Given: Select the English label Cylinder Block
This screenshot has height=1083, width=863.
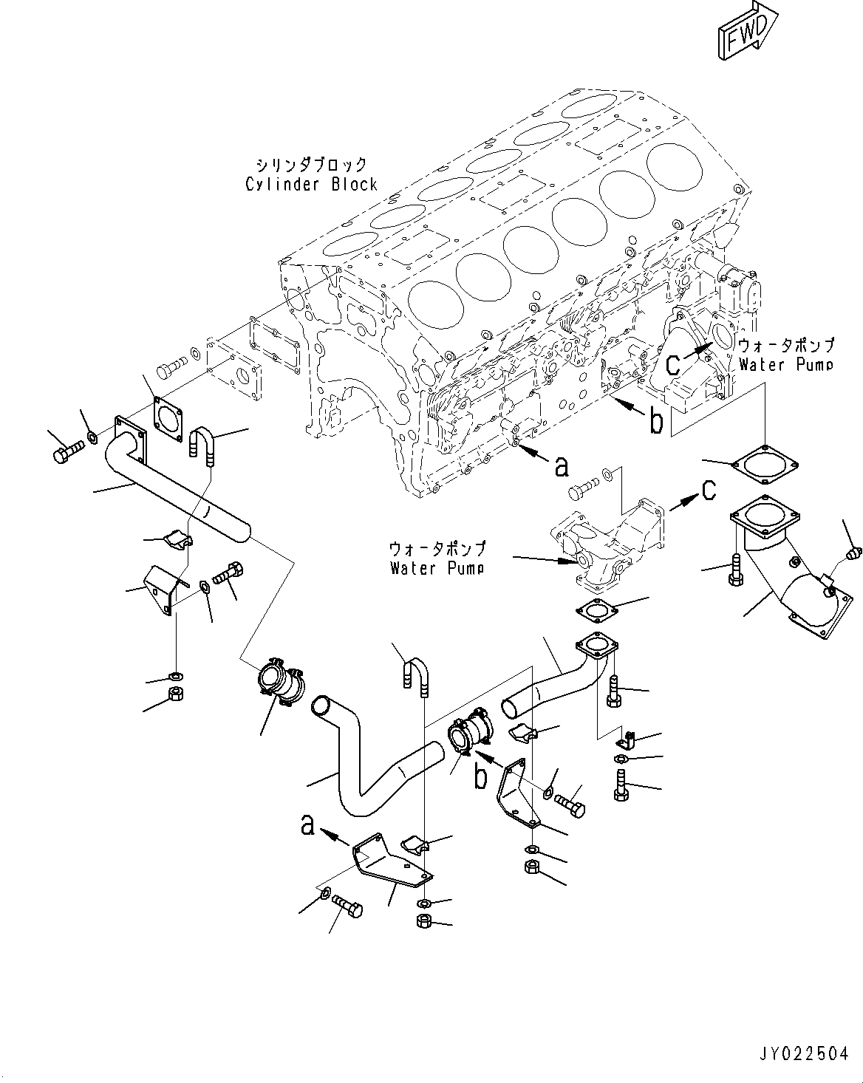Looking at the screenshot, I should (x=311, y=185).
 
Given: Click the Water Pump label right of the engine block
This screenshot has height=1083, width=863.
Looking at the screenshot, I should (x=785, y=364).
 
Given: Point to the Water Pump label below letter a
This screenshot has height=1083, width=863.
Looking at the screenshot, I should (x=437, y=567).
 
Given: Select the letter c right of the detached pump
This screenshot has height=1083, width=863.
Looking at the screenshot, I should (x=709, y=489).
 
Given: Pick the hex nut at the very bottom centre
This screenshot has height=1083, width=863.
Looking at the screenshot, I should (x=425, y=921).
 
